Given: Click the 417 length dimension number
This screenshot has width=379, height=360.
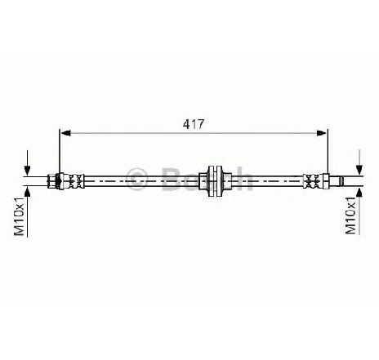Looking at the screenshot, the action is [x=193, y=124].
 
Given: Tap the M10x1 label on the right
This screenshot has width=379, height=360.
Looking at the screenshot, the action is [x=350, y=216].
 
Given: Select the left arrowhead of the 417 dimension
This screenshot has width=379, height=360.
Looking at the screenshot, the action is [x=65, y=133].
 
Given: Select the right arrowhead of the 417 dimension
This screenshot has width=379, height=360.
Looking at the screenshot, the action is [x=321, y=133].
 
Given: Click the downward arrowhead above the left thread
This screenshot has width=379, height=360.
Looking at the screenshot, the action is [x=27, y=171].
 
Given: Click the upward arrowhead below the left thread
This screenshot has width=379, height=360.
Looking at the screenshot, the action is [x=27, y=192].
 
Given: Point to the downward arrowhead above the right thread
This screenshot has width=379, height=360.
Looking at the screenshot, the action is [x=359, y=170].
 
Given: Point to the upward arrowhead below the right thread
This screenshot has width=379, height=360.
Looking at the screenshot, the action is [x=359, y=193].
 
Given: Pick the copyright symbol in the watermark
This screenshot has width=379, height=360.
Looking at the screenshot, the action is [x=137, y=179].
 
